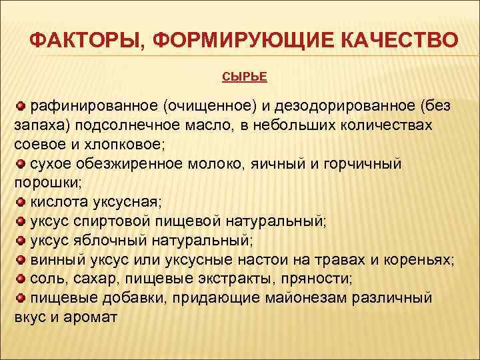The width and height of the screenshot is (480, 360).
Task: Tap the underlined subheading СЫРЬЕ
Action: point(244,77)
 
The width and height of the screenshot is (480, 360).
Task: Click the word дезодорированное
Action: point(339,106)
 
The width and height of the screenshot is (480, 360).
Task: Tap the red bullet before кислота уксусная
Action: point(20,201)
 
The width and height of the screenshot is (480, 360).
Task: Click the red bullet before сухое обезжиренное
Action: point(20,163)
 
